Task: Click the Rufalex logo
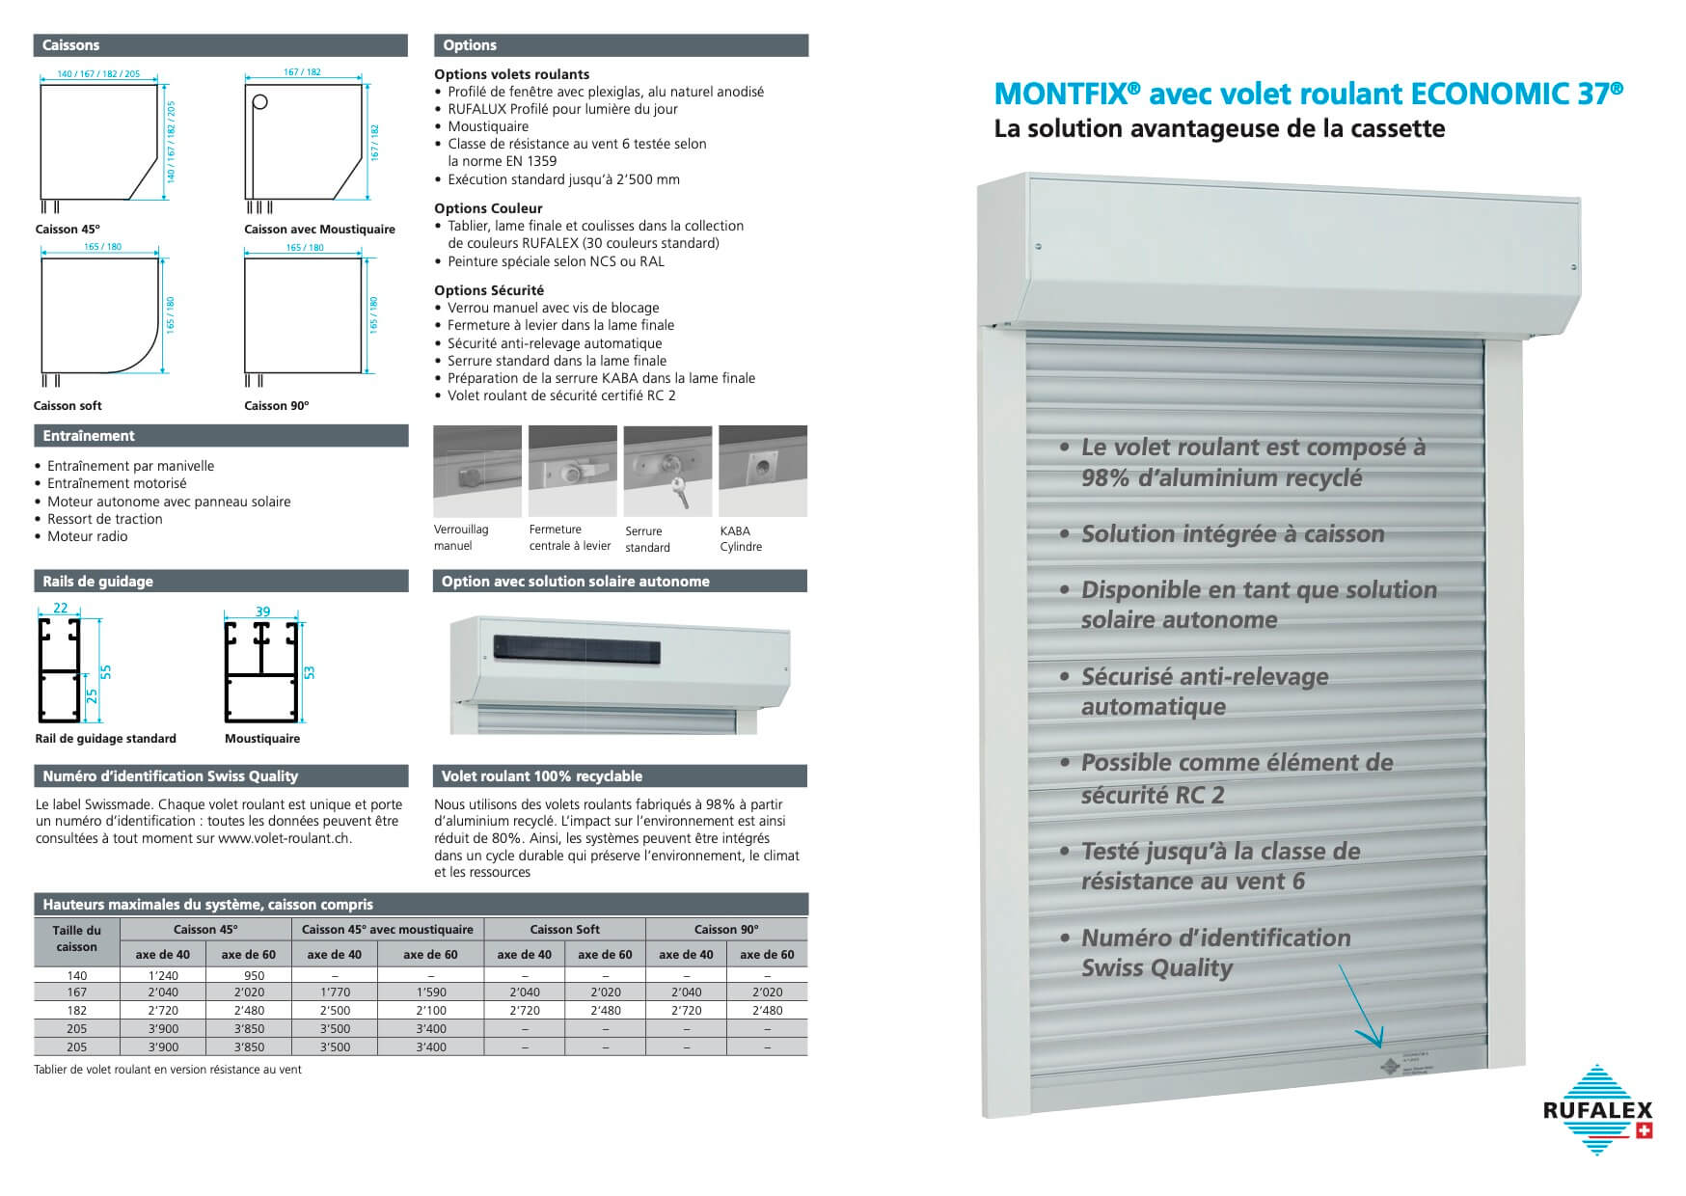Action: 1597,1109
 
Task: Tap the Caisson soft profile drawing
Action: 99,314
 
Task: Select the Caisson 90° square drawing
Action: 303,314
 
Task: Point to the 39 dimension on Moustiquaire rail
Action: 262,612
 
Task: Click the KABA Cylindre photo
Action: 763,471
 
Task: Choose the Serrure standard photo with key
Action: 667,471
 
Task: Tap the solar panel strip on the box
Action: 576,648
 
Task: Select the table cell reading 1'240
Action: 163,975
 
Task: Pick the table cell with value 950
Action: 249,975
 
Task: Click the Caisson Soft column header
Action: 564,929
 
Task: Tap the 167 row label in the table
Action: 77,992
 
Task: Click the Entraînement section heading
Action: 89,436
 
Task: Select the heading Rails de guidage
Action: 97,582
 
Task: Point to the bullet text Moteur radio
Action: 88,536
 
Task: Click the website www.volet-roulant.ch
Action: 284,838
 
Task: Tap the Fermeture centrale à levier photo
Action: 573,471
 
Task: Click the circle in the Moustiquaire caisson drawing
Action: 259,102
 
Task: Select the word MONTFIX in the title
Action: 1059,94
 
